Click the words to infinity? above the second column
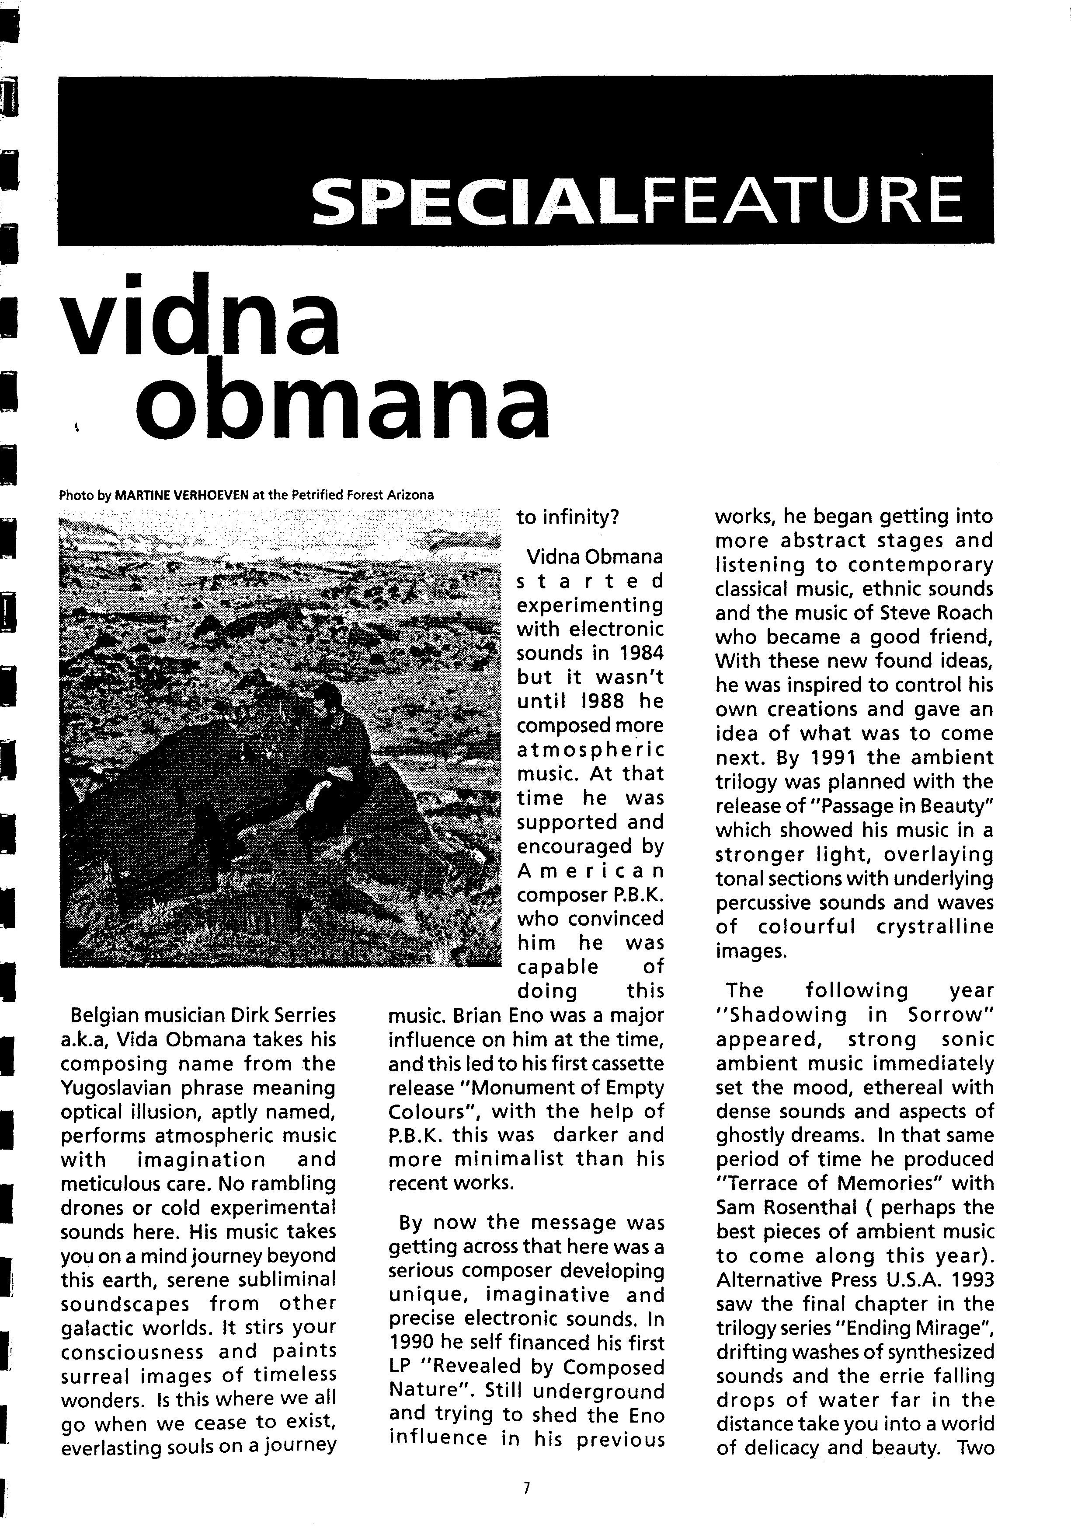pos(567,517)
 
